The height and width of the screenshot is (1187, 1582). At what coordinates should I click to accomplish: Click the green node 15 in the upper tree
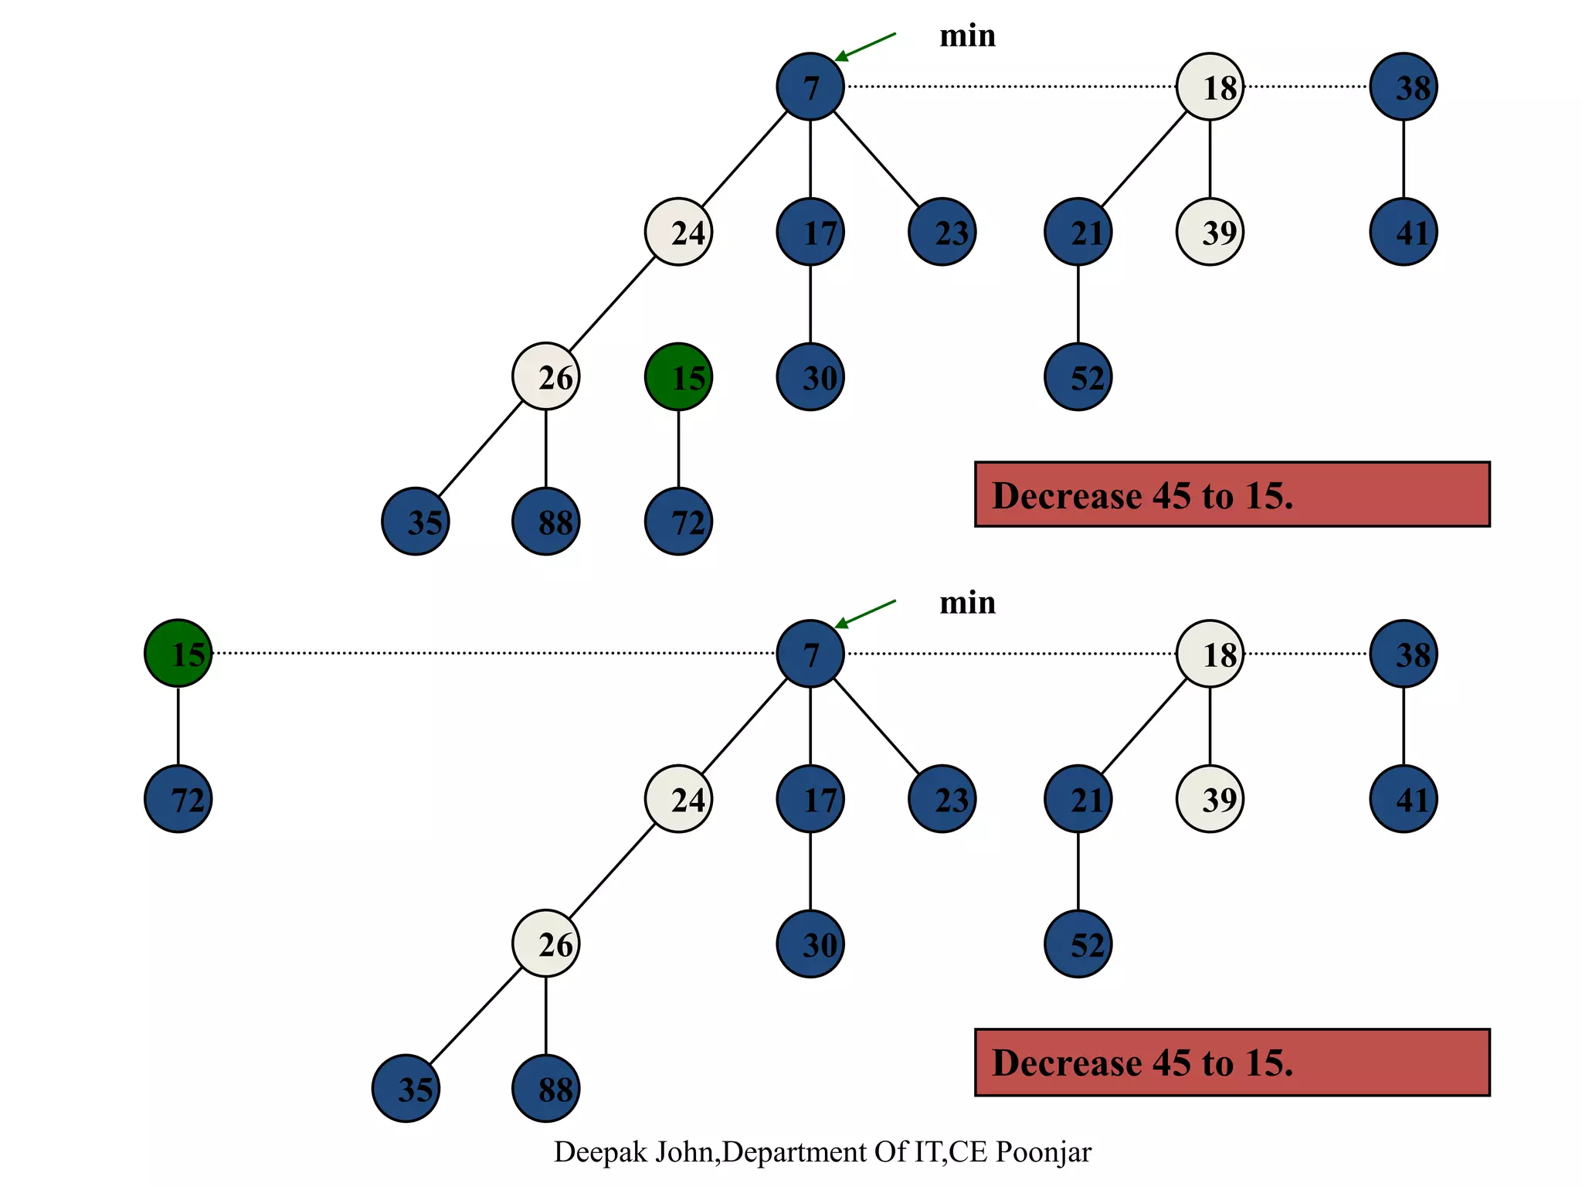(678, 377)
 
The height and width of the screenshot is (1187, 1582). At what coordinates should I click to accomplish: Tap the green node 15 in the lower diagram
(178, 653)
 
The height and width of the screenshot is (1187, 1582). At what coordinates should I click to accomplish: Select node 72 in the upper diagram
(678, 522)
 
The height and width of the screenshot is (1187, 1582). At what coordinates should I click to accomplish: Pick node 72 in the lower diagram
(178, 798)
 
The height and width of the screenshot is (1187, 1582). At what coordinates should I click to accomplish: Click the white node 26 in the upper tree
(546, 377)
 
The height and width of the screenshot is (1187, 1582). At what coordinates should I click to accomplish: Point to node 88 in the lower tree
(546, 1089)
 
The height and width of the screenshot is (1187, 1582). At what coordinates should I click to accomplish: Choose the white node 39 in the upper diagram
(1210, 232)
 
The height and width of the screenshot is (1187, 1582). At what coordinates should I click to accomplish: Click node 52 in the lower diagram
(1078, 944)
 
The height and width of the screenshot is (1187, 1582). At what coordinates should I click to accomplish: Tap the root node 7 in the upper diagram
(810, 87)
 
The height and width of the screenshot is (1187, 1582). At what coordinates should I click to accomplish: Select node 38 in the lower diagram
(1404, 654)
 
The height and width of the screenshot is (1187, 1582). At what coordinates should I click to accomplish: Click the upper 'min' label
(967, 36)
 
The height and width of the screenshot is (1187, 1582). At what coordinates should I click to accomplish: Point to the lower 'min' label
(967, 603)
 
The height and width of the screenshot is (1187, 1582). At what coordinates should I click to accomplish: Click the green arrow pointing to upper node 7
(865, 46)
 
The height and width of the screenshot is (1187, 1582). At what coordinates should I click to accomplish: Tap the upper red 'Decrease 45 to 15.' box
(1232, 495)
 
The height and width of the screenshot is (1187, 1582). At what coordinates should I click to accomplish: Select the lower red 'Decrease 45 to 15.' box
(1232, 1063)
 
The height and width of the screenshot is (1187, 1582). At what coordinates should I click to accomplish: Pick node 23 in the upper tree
(942, 232)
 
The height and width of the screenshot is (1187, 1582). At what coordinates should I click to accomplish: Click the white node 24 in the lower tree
(678, 798)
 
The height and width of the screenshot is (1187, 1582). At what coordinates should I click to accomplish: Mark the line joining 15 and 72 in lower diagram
(178, 726)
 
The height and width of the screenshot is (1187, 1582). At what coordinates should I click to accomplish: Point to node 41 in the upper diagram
(1404, 232)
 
